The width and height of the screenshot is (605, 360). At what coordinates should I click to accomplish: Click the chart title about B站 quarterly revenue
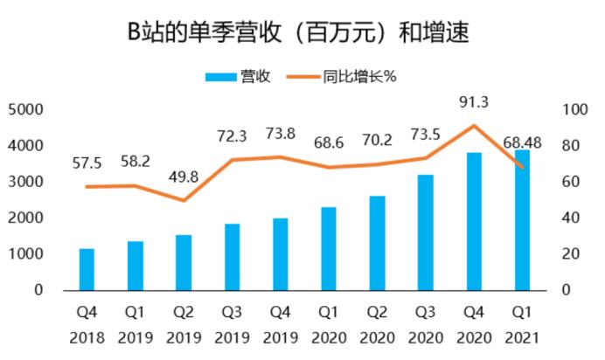click(x=298, y=31)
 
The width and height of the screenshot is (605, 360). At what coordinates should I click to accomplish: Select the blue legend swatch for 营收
click(x=220, y=77)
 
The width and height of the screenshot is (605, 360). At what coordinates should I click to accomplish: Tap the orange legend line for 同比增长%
click(x=303, y=77)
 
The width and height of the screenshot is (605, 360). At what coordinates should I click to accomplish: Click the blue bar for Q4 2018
click(x=87, y=269)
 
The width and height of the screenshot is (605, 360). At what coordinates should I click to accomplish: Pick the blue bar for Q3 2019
click(x=233, y=257)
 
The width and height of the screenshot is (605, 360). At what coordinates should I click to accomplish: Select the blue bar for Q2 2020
click(x=378, y=243)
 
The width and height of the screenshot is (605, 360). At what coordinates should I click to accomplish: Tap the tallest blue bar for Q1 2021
click(x=523, y=220)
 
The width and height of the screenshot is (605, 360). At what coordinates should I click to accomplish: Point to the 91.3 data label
click(x=474, y=102)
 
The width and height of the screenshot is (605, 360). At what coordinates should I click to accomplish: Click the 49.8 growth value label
click(x=184, y=177)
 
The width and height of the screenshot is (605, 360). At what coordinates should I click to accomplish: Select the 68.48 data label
click(x=523, y=142)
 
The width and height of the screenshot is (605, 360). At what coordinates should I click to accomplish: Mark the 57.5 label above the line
click(x=87, y=163)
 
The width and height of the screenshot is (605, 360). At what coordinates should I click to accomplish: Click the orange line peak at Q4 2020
click(x=474, y=125)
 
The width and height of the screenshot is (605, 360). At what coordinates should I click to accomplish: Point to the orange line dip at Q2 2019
click(x=184, y=200)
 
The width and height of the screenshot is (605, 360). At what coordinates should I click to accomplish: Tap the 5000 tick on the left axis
click(x=25, y=110)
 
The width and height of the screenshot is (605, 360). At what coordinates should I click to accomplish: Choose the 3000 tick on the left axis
click(x=25, y=182)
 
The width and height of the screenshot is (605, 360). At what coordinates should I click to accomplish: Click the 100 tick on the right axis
click(x=574, y=110)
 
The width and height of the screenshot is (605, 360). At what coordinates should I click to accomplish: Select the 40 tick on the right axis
click(x=571, y=218)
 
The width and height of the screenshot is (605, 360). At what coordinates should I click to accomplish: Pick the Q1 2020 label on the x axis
click(x=329, y=325)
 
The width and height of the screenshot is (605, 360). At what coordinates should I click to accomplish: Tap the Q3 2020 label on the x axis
click(x=426, y=325)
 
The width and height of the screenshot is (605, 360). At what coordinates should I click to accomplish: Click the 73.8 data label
click(x=281, y=134)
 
